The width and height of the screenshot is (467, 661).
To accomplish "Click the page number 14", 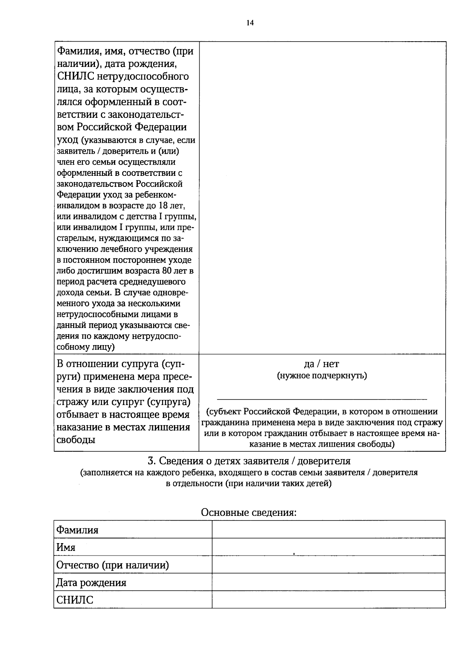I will [x=250, y=23].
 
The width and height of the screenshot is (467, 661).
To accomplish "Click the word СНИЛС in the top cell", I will [x=73, y=76].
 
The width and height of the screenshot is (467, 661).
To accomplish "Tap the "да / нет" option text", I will [x=321, y=364].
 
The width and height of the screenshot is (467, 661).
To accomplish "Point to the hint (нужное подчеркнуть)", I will [x=322, y=376].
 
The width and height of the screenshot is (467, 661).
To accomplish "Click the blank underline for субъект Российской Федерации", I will [x=321, y=398].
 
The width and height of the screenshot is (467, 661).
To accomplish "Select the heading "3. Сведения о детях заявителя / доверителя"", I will [x=249, y=461].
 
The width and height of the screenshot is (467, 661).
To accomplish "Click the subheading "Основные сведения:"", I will [x=249, y=512].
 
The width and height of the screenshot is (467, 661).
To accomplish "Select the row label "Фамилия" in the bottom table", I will [x=77, y=530].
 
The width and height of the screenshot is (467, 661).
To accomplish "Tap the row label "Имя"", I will [x=66, y=547].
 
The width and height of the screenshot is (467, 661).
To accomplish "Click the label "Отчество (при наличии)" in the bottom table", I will [x=113, y=565].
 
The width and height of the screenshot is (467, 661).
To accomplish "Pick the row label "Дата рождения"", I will [x=91, y=582].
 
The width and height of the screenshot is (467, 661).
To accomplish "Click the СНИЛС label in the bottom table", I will [x=75, y=600].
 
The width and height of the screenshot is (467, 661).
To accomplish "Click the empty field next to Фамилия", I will [x=328, y=530].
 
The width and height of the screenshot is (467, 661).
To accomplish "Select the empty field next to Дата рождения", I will [x=328, y=582].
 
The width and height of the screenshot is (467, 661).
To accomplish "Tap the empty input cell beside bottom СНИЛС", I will [x=328, y=600].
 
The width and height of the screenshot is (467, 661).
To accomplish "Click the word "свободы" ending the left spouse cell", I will [x=76, y=440].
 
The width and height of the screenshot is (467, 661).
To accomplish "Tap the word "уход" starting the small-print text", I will [x=67, y=140].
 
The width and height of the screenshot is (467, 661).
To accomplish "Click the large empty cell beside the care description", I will [x=322, y=198].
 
